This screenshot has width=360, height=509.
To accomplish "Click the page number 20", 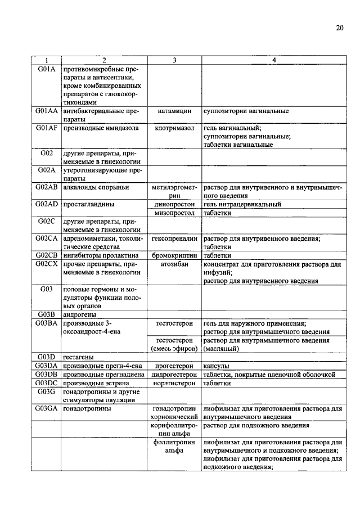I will click(x=340, y=28).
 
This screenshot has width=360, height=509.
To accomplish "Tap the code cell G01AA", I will click(x=47, y=112).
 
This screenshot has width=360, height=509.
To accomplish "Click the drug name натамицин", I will click(x=174, y=112).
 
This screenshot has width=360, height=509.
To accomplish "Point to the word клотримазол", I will click(x=174, y=128).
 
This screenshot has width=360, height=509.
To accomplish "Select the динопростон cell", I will click(x=174, y=205).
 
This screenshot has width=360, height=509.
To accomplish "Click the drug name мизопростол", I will click(x=174, y=213).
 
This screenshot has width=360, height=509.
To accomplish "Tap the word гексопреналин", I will click(x=174, y=238).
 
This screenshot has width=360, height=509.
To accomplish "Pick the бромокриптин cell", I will click(x=174, y=255).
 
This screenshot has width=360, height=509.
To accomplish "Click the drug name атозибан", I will click(x=174, y=264).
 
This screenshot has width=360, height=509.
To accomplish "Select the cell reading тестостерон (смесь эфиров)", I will click(x=174, y=344).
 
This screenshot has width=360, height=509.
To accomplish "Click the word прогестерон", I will click(x=174, y=366).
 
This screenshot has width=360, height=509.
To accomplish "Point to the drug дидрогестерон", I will click(x=174, y=374).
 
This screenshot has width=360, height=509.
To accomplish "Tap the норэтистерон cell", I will click(x=174, y=382).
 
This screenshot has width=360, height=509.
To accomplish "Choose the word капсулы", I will click(x=217, y=366).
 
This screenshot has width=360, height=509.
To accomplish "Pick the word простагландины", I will click(x=85, y=205).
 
